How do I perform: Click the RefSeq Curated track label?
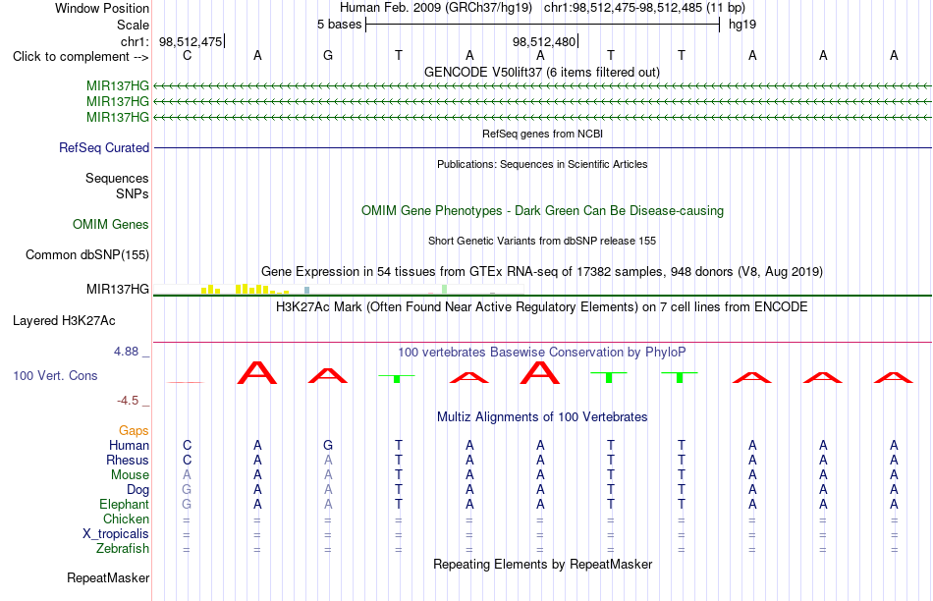[x=104, y=147]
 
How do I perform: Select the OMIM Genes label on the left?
[x=111, y=224]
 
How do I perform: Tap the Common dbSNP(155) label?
[x=87, y=254]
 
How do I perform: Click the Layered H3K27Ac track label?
[x=64, y=321]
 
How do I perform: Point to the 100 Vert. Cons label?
[x=55, y=375]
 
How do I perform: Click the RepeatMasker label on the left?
[x=108, y=577]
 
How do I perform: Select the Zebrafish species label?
[x=123, y=549]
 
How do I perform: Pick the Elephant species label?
[x=125, y=505]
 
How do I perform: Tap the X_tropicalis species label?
[x=116, y=534]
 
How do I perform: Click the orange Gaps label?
[x=134, y=430]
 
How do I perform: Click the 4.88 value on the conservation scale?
[x=126, y=352]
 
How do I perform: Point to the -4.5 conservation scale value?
[x=128, y=401]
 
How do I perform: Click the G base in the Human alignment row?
[x=328, y=445]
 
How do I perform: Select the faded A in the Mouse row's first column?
[x=187, y=475]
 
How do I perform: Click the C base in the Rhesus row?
[x=187, y=460]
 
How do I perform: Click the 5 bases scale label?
[x=339, y=25]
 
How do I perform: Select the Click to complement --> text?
[x=81, y=57]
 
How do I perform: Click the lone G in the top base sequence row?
[x=328, y=55]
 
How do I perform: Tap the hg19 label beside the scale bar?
[x=742, y=25]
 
